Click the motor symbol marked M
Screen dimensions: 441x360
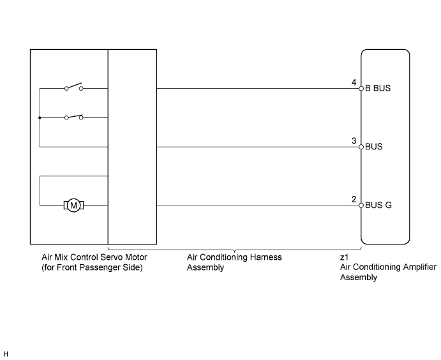73,206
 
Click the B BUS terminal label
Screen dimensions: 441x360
378,88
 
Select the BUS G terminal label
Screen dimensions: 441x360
378,205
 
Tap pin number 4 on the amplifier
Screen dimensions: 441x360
354,82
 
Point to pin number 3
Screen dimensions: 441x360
354,140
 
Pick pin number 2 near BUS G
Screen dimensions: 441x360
354,199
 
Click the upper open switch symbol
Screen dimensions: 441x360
73,86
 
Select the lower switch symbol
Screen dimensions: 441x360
73,117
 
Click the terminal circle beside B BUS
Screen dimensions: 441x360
361,88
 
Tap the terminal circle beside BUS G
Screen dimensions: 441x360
361,206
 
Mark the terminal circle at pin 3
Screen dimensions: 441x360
361,147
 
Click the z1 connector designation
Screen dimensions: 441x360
344,257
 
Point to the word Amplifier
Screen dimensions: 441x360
419,267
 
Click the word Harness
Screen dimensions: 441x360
267,257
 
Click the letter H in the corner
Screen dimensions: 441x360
6,354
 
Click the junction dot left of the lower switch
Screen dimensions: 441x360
40,117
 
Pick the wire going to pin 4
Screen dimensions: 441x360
258,88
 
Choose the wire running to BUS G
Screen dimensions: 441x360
258,206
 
